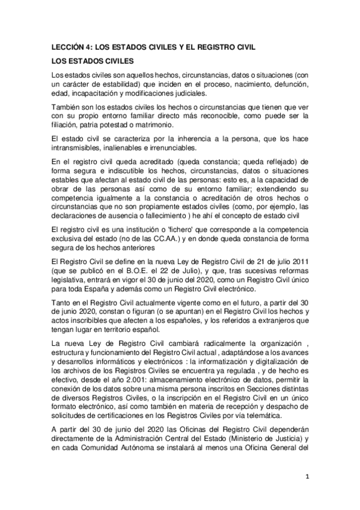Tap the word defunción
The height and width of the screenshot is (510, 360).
coord(288,85)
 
